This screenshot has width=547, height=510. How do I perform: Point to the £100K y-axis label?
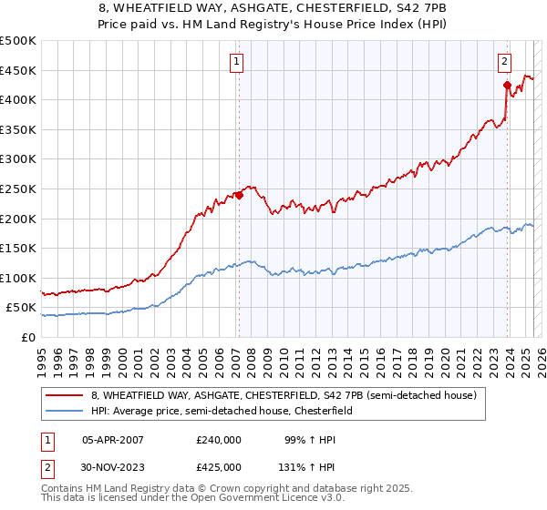coord(18,278)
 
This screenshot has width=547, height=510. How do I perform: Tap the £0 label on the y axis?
coord(28,337)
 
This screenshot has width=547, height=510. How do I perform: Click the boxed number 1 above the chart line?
coord(236,62)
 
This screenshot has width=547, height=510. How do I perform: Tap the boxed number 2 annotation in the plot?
coord(504,62)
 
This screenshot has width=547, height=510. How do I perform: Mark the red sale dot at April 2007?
coord(239,194)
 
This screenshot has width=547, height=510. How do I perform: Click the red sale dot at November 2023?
coord(507,85)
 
